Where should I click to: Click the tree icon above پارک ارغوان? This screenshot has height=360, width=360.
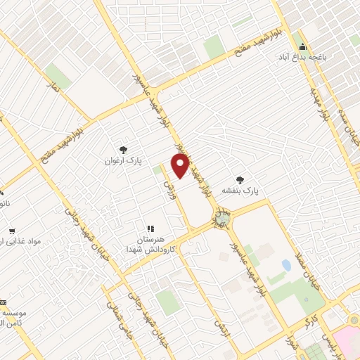pyautogui.click(x=124, y=149)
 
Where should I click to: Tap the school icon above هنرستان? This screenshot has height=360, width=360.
pyautogui.click(x=150, y=229)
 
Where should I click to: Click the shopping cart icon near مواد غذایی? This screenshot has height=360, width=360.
pyautogui.click(x=12, y=231)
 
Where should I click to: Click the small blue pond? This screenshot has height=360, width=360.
pyautogui.click(x=286, y=266)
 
